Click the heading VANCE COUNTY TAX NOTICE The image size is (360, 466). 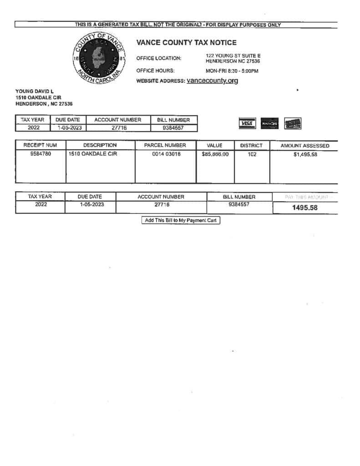click(x=186, y=43)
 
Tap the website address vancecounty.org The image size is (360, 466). click(x=212, y=81)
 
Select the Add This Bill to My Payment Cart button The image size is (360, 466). click(x=181, y=221)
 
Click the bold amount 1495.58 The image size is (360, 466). click(x=304, y=208)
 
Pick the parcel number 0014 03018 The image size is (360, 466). click(x=166, y=154)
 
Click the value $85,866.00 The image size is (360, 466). click(x=215, y=154)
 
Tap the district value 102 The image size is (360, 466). click(x=252, y=154)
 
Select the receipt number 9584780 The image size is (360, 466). click(x=40, y=154)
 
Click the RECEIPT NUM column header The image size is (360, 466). click(x=40, y=145)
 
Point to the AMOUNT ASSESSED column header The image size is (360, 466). click(x=304, y=146)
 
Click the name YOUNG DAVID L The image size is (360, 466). click(x=35, y=91)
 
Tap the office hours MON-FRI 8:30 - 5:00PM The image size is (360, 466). click(x=232, y=71)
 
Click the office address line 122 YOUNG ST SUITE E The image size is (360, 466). click(x=233, y=56)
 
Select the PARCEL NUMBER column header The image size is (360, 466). click(x=165, y=145)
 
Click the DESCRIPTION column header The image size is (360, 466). click(x=100, y=145)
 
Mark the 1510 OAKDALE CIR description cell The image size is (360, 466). click(x=93, y=154)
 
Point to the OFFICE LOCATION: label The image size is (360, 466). click(x=158, y=58)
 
